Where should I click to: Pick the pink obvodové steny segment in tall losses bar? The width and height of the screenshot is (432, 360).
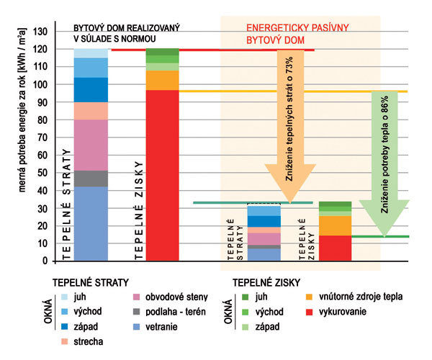pyautogui.click(x=91, y=145)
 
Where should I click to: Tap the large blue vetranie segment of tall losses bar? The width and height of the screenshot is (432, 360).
pyautogui.click(x=91, y=223)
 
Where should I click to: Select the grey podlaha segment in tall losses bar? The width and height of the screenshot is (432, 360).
pyautogui.click(x=91, y=179)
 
